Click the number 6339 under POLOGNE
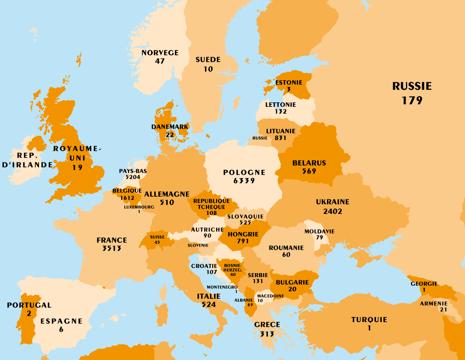[x=244, y=181]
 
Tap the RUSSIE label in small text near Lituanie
[x=260, y=138]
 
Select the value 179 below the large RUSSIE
[x=412, y=100]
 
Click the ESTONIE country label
[x=289, y=83]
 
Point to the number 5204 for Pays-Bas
[x=133, y=177]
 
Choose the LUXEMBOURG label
[x=139, y=207]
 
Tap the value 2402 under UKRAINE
[x=333, y=211]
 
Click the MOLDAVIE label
[x=319, y=231]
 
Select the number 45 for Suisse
[x=157, y=242]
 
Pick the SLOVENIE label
[x=198, y=245]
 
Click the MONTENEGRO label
[x=222, y=287]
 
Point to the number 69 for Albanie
[x=250, y=305]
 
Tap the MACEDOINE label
[x=270, y=296]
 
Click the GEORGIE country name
[x=424, y=284]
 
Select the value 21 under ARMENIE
[x=444, y=310]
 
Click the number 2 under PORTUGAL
[x=29, y=314]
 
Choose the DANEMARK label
[x=170, y=127]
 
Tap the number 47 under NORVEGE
[x=160, y=61]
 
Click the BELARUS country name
[x=309, y=163]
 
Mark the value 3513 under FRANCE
[x=112, y=248]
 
